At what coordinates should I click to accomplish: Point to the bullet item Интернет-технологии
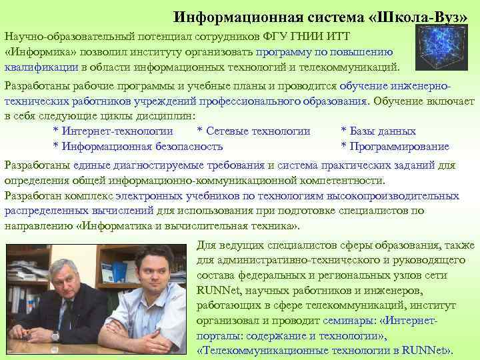click(x=117, y=131)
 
